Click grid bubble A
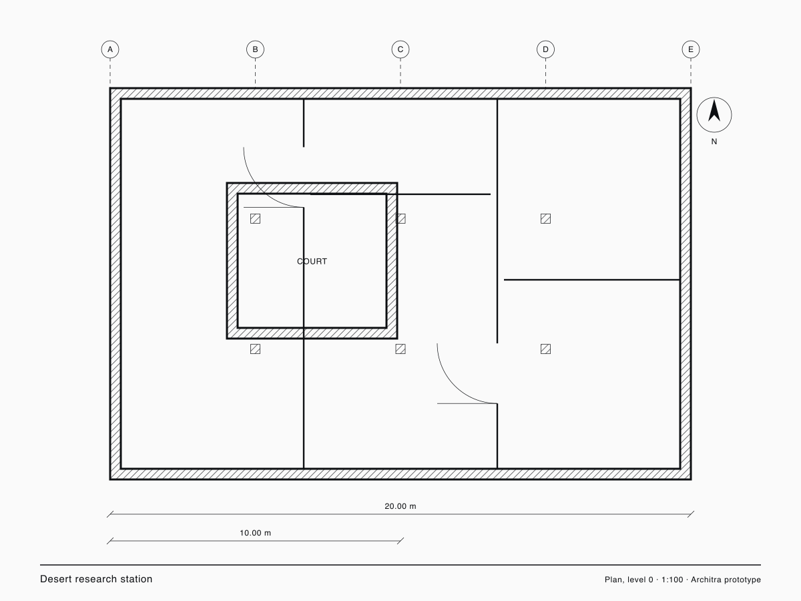tap(110, 49)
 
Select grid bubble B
tap(255, 49)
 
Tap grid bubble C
tap(400, 49)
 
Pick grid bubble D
tap(545, 49)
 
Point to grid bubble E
tap(691, 49)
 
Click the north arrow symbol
tap(714, 115)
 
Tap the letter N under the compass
tap(714, 142)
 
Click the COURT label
tap(312, 261)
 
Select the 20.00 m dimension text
tap(400, 506)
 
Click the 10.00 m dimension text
tap(255, 533)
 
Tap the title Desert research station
tap(96, 579)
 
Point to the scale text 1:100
tap(672, 580)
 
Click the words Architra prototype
tap(726, 580)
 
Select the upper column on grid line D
tap(545, 218)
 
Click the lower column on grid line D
tap(545, 349)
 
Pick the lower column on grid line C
tap(400, 349)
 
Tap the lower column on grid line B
tap(255, 349)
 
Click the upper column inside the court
tap(255, 218)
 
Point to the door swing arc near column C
tap(455, 386)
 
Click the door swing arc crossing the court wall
tap(261, 190)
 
